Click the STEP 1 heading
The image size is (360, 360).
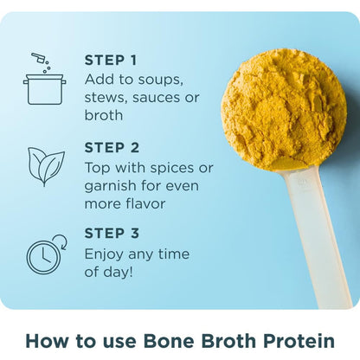[x=110, y=61]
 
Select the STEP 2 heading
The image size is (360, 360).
[x=112, y=148]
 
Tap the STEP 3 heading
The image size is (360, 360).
[x=112, y=233]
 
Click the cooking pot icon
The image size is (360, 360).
[x=45, y=89]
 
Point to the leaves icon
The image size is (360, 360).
[x=46, y=167]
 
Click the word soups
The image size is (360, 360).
[x=160, y=80]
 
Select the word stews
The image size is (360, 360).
[x=106, y=98]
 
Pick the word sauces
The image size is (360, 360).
[x=157, y=98]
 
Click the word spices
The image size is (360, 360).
[x=172, y=169]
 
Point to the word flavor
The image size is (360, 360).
[x=145, y=203]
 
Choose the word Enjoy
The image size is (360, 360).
[x=104, y=255]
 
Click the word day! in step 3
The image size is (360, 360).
[x=119, y=272]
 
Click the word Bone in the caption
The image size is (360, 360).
[x=169, y=341]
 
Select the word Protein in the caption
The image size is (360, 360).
[x=299, y=341]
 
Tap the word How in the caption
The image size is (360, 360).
[x=47, y=341]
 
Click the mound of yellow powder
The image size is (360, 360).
[x=284, y=110]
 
